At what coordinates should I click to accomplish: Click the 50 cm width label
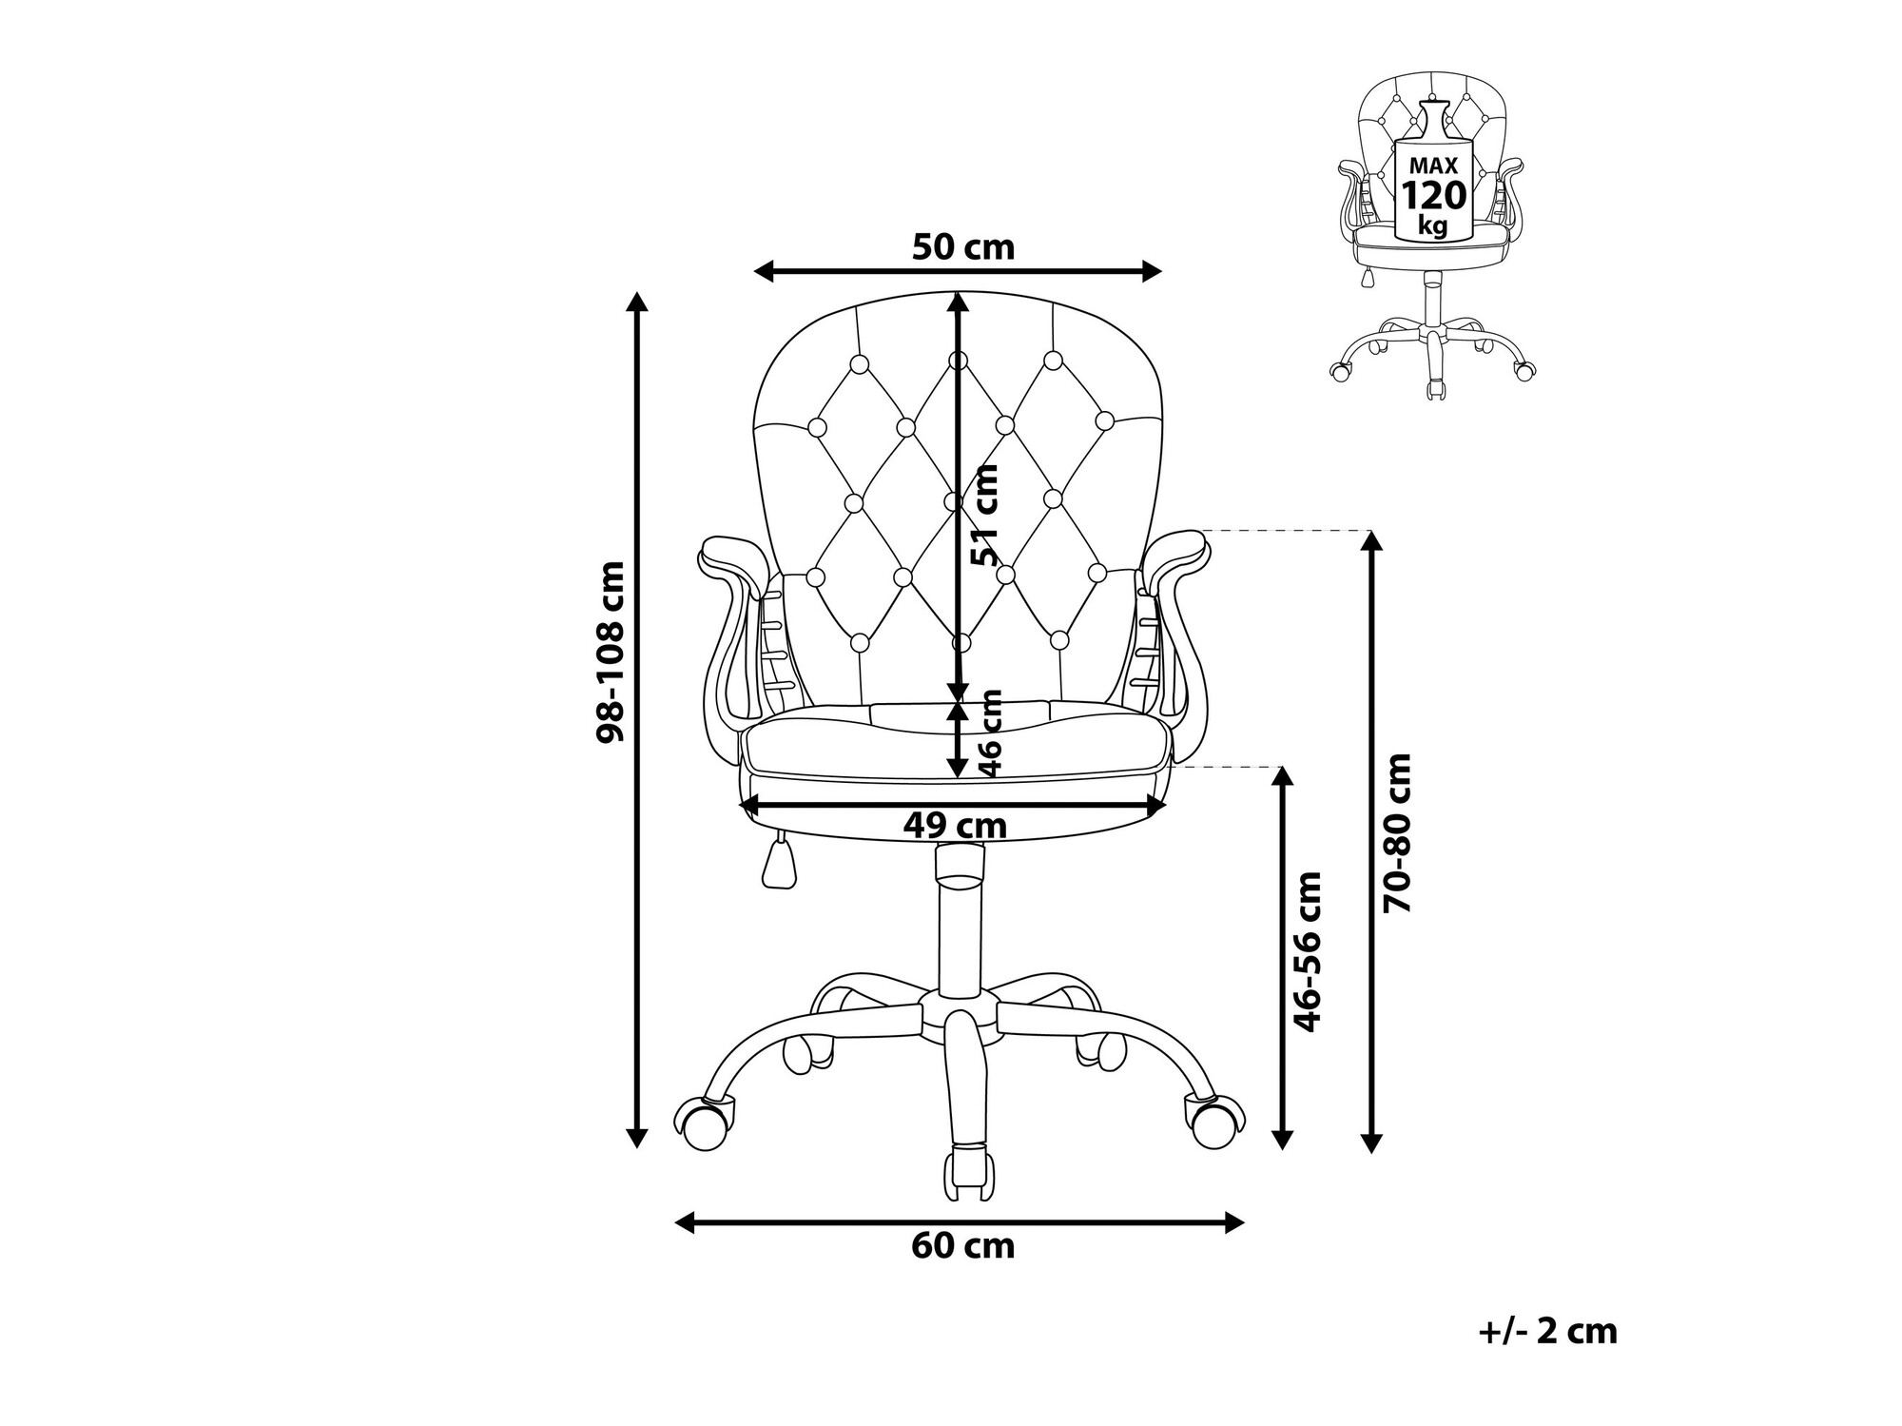click(963, 247)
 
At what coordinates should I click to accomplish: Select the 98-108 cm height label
click(611, 652)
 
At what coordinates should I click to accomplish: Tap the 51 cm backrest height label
click(985, 515)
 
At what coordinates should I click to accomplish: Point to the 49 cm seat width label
click(955, 826)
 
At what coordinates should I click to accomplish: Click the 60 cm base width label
click(963, 1245)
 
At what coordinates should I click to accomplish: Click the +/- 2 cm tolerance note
click(1548, 1331)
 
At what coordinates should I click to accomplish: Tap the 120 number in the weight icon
click(1434, 196)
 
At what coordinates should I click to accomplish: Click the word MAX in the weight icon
click(1433, 166)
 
